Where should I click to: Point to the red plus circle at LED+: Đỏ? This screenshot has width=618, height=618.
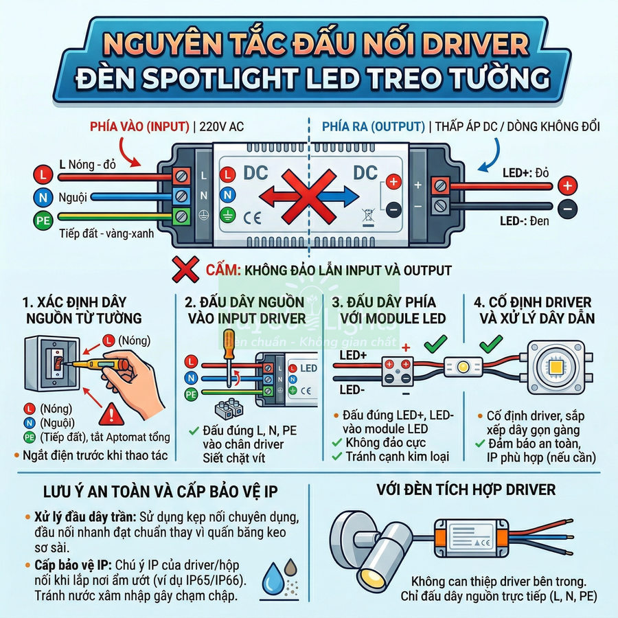tap(566, 185)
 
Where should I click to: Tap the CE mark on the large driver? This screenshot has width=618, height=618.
tap(252, 220)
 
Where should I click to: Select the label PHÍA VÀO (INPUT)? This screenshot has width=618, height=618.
tap(140, 126)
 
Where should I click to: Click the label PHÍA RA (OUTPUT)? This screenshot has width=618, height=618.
tap(372, 126)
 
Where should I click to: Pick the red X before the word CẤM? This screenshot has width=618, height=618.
tap(185, 270)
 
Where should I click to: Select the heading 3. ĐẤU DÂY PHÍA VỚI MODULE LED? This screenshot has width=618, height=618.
tap(389, 310)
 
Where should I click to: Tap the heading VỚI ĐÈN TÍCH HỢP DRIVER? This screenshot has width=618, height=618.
tap(466, 490)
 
